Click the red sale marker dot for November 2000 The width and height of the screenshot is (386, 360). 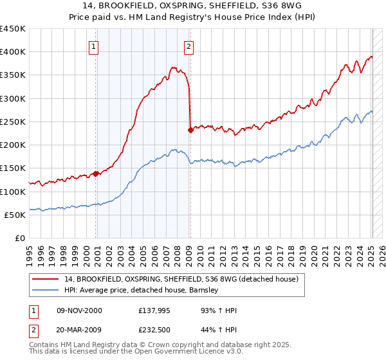tap(96, 173)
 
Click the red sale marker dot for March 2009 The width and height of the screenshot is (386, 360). tap(190, 130)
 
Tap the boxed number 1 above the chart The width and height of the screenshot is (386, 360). tap(94, 46)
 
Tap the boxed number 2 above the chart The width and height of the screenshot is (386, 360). tap(188, 46)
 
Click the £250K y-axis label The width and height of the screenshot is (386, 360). tap(13, 122)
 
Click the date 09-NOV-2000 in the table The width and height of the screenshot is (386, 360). tap(79, 310)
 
